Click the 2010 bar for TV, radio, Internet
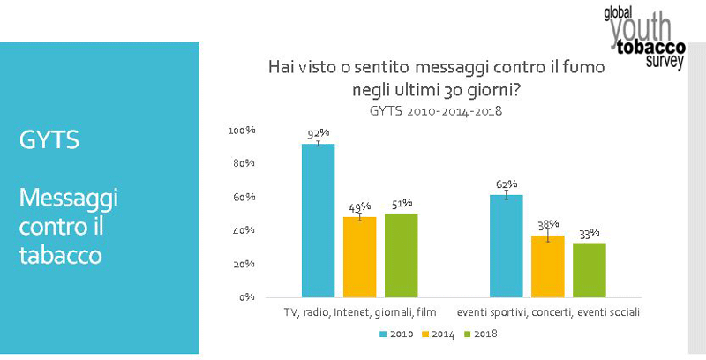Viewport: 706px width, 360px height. (x=319, y=221)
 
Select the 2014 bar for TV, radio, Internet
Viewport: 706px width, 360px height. (x=359, y=257)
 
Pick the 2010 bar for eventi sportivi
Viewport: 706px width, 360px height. (x=507, y=246)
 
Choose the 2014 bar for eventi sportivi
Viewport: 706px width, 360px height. (x=548, y=266)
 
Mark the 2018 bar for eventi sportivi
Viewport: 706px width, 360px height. (x=589, y=270)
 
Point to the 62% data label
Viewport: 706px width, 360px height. (x=507, y=184)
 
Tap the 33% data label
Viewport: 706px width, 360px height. (x=589, y=233)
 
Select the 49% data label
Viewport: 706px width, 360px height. (x=359, y=206)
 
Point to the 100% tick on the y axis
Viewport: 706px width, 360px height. (x=241, y=131)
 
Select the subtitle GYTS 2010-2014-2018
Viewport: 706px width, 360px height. (x=439, y=112)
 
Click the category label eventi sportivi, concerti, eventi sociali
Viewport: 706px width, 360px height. (x=548, y=312)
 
